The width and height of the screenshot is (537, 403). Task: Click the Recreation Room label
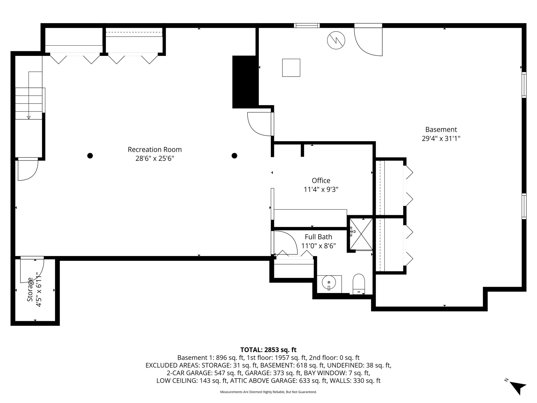(154, 150)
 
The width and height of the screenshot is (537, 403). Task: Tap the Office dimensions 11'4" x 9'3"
(321, 189)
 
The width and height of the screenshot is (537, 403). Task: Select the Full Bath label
(318, 237)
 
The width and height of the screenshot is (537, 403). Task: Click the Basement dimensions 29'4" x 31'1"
(441, 139)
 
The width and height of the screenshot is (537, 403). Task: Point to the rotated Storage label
(30, 290)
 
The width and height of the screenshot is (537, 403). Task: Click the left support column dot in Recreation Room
(90, 156)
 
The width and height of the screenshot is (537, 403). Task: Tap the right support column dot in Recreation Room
(234, 156)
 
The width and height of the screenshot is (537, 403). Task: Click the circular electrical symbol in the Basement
(336, 40)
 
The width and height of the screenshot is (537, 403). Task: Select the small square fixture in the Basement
(291, 68)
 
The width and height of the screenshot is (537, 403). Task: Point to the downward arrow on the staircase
(29, 117)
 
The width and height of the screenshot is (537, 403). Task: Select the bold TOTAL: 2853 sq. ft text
(268, 350)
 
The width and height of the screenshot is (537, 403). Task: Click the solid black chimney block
(244, 82)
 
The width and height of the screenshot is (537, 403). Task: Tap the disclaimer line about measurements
(268, 392)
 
